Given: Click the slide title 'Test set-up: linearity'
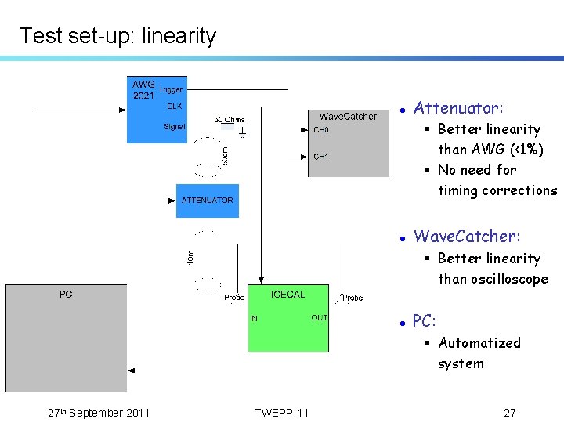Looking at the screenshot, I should tap(117, 36).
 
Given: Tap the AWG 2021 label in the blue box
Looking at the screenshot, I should tap(143, 90).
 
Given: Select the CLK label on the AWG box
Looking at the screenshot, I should tap(174, 106).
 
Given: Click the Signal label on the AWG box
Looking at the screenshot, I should tap(175, 126).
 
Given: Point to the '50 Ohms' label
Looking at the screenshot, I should tap(230, 120).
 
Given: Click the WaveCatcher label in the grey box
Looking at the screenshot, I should tap(348, 117).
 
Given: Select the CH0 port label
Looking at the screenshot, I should tap(321, 130).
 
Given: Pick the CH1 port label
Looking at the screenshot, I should tap(321, 157).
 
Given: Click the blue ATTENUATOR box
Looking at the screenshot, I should tap(208, 201).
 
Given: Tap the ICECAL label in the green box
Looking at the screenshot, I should tap(287, 295).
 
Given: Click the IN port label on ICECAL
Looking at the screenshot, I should tap(254, 318).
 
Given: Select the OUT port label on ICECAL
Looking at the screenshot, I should tap(319, 317).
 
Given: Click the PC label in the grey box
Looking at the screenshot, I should tap(66, 295).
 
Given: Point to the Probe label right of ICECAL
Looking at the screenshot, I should tap(352, 298).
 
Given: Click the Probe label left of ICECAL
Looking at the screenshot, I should tap(234, 298).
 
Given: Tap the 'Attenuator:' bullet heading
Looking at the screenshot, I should tap(458, 108).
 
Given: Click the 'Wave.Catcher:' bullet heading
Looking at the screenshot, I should tap(467, 237).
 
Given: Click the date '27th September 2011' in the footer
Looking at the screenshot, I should tap(99, 413).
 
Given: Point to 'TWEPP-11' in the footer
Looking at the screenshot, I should tap(282, 413).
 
